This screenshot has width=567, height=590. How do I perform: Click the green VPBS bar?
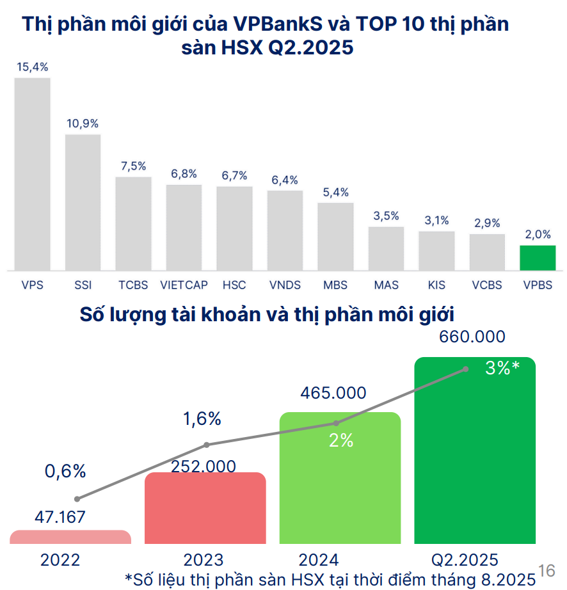(x=538, y=258)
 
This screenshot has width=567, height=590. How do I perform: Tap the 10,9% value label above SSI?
(x=83, y=124)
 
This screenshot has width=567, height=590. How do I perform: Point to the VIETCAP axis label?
(x=184, y=285)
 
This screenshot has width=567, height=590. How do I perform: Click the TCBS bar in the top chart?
(x=133, y=224)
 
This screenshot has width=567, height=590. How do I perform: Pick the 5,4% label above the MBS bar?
(x=336, y=192)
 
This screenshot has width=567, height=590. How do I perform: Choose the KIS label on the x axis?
(x=436, y=285)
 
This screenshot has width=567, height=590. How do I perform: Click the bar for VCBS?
(x=487, y=252)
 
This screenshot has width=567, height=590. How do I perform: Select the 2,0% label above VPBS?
(x=538, y=234)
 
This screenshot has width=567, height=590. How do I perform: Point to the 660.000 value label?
(x=472, y=337)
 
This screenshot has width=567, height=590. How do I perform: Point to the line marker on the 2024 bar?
(x=337, y=423)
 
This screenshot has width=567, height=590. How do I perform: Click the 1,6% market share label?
(x=202, y=419)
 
